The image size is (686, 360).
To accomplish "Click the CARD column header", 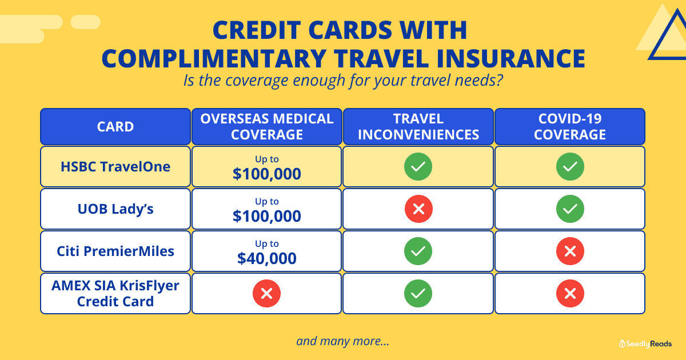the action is coord(115,126).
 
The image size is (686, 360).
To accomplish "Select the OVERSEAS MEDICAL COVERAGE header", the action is coord(267,126).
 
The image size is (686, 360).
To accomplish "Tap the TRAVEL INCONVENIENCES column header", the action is coord(418,126).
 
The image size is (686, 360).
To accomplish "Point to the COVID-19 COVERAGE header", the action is coord(570,126).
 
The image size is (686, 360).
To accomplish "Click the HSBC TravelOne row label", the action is coord(115,166).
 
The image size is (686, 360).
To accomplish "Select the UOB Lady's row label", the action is coord(115,209).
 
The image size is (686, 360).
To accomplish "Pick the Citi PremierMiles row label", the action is coord(115,251).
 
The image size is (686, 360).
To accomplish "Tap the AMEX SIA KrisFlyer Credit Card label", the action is coord(115,294).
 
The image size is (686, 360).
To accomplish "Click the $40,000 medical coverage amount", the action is coord(267,258).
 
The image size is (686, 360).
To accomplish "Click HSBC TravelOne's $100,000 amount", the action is coord(267,174).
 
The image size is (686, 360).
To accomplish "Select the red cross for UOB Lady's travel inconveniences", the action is coord(418,209).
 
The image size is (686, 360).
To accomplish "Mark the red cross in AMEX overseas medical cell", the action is coord(266,293).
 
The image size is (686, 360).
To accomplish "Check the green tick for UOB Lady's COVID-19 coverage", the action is coord(570,209).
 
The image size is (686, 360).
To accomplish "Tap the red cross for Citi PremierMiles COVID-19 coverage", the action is coord(570,251).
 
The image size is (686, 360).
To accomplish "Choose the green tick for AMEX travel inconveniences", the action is coord(418,293).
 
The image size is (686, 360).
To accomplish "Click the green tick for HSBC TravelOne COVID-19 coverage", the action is coord(570,166).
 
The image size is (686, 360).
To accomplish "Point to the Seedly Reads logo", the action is coord(645,344).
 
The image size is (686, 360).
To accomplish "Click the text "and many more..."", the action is coord(342,341).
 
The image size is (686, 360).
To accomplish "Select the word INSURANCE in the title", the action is coord(511,58).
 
